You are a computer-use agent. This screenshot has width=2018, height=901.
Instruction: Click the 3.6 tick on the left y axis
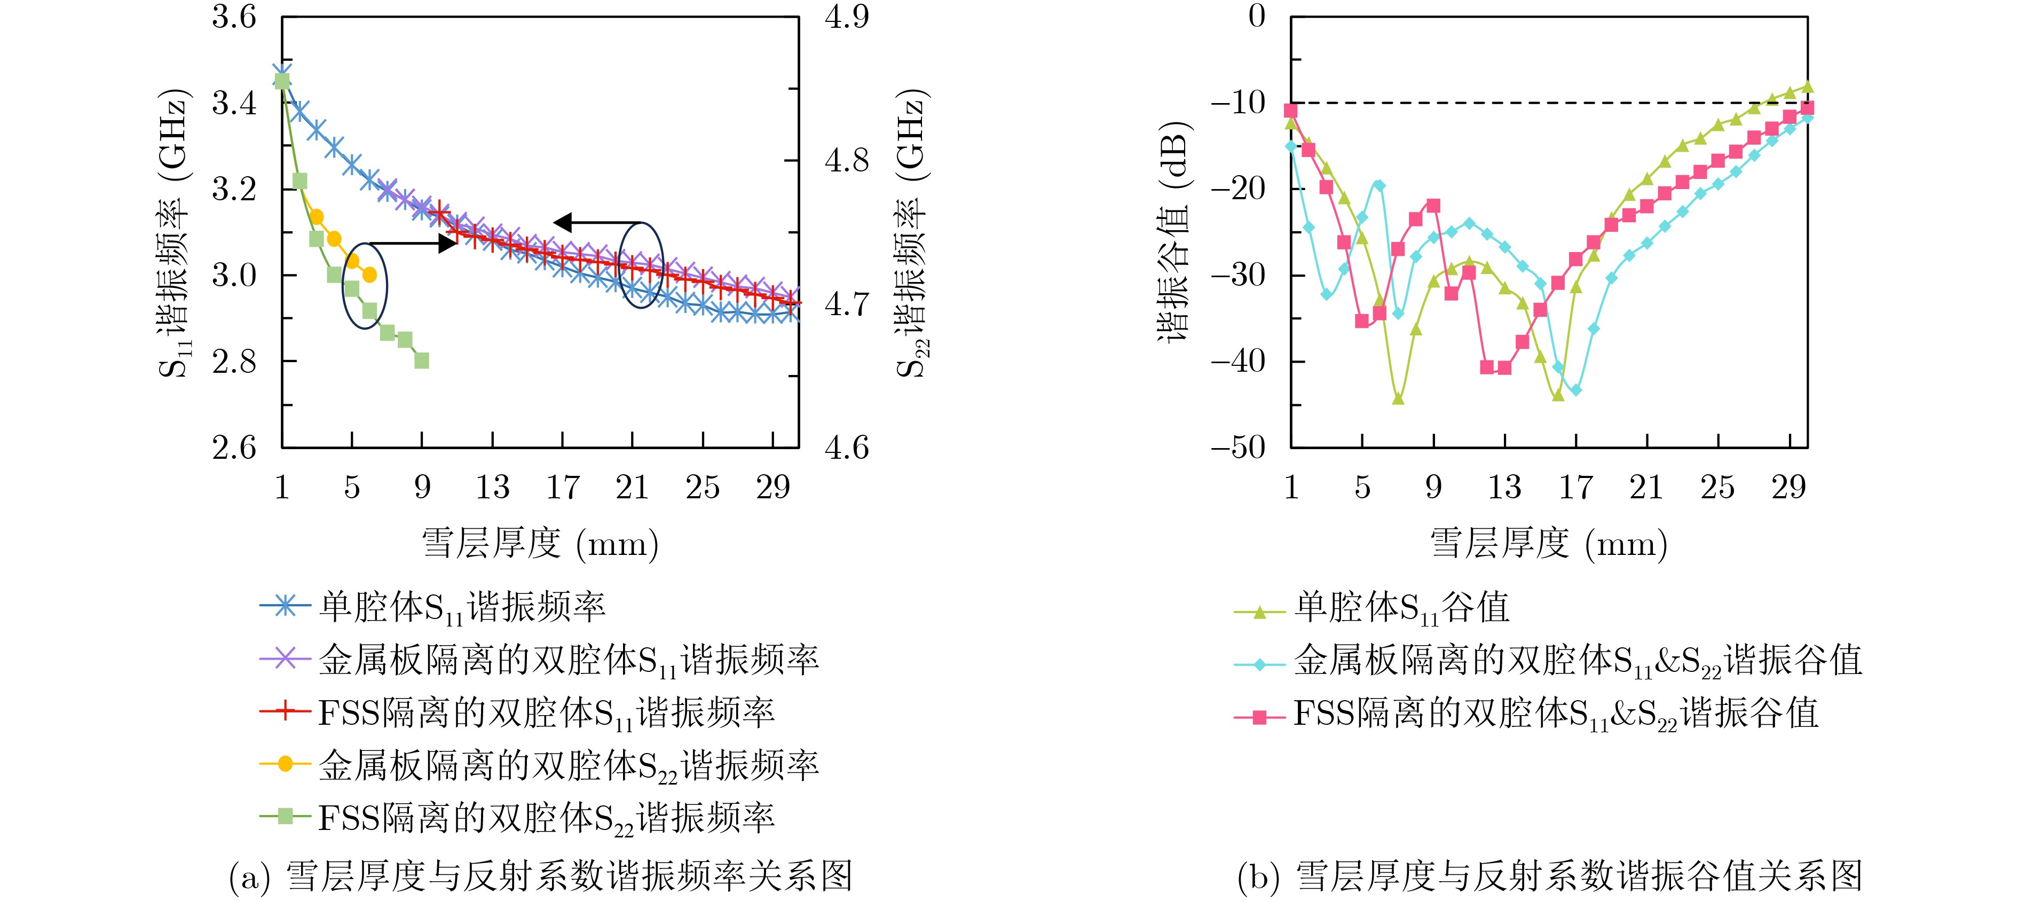point(233,17)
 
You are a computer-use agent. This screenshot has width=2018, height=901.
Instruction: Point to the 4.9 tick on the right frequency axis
point(847,17)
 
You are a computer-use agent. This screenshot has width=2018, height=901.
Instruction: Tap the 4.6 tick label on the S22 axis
point(847,448)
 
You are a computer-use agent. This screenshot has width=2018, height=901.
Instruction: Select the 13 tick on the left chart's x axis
point(492,487)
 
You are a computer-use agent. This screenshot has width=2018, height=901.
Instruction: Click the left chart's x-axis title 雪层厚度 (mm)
point(540,544)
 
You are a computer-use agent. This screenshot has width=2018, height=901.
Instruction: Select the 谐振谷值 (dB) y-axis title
point(1173,232)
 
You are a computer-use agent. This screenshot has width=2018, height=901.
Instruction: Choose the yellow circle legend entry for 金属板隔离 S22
point(569,765)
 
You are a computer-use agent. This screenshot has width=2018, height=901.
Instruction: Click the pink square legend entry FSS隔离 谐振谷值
point(1555,714)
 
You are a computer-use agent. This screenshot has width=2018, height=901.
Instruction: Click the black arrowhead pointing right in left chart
point(447,243)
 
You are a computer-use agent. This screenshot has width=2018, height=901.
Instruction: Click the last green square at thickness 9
point(421,361)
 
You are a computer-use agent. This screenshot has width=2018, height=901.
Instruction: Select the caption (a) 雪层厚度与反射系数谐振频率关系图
point(540,876)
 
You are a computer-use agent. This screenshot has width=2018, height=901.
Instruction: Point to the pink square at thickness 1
point(1291,111)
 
